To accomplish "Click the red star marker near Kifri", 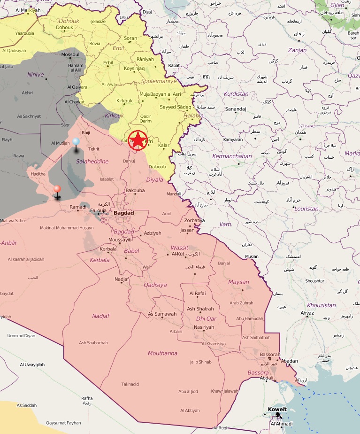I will pos(138,140).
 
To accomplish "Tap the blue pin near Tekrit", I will pos(76,142).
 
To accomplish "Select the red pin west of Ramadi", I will pos(57,189).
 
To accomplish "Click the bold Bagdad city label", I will pos(123,213).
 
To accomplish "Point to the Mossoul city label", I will pos(70,54).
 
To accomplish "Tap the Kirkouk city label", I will pos(124,101).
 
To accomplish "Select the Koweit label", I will pos(277,409).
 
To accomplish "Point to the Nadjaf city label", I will pos(122,279).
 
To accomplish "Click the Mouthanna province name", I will pos(162,353).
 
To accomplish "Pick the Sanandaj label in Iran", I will pos(236,109).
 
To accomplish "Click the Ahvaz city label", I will pos(307,313).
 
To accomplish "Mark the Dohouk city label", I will pos(65,27).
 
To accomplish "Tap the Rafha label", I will pos(87,398).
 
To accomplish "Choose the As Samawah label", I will pos(162,314).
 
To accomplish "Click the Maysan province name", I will pos(238,282).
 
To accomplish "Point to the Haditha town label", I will pos(38,174).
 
